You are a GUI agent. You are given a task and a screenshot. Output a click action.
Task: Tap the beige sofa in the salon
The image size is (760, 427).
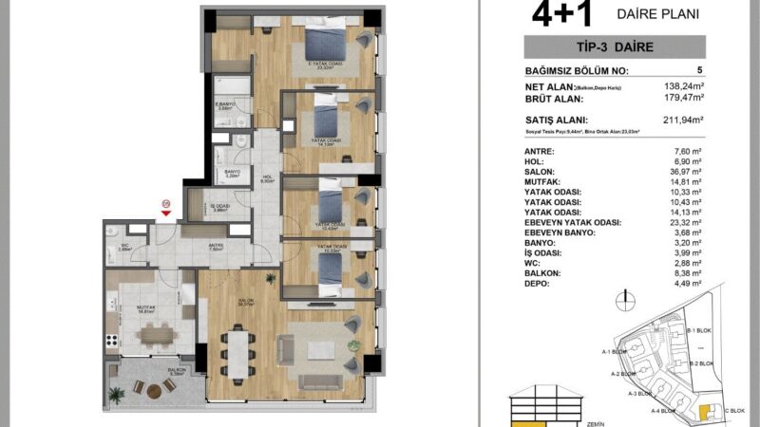point(320,381)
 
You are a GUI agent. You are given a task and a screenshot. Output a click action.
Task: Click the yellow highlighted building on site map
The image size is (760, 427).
point(704,410)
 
